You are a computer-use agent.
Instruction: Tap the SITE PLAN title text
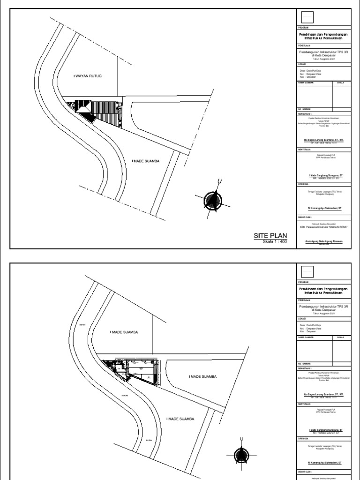[x=270, y=236]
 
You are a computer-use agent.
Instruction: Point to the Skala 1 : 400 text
[x=275, y=242]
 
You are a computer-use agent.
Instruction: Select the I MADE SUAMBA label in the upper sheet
[x=146, y=161]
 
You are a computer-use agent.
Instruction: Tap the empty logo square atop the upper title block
[x=307, y=17]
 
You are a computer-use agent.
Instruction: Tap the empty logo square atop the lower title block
[x=307, y=271]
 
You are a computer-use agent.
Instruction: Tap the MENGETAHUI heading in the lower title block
[x=305, y=368]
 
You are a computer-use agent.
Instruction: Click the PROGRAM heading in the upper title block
[x=304, y=28]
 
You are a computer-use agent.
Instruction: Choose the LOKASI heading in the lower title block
[x=302, y=319]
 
